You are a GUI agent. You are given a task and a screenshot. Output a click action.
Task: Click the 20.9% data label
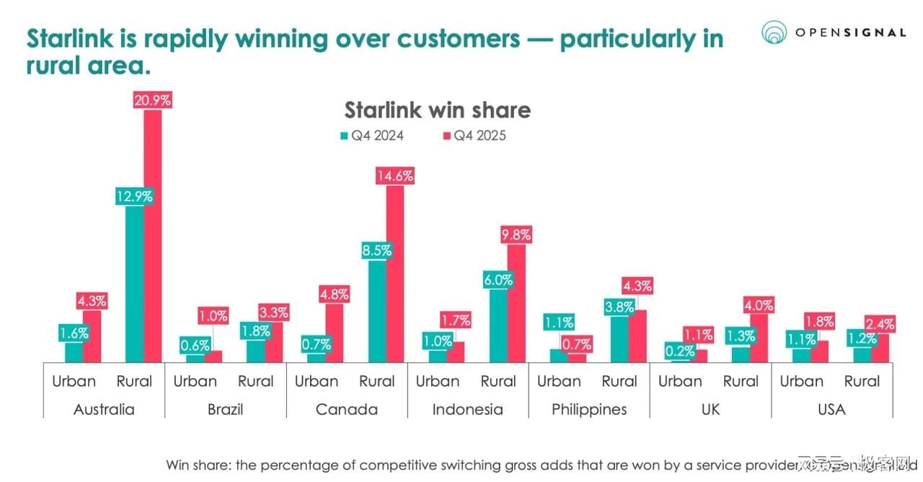click(x=152, y=100)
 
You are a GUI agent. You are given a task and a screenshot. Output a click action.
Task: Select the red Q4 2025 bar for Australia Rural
click(x=152, y=238)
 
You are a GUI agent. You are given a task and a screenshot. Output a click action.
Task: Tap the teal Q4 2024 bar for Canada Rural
click(x=377, y=310)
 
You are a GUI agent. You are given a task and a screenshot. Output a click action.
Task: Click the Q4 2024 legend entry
click(x=371, y=136)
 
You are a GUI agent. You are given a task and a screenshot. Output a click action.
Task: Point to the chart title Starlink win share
click(x=437, y=110)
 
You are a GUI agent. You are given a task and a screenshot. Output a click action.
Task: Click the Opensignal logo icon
click(x=774, y=32)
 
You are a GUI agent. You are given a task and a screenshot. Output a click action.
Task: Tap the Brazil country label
click(x=225, y=409)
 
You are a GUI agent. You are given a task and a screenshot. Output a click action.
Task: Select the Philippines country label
click(x=589, y=409)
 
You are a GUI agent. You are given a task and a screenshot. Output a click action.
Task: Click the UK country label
click(x=710, y=409)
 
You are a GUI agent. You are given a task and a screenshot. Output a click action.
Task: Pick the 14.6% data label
click(x=394, y=176)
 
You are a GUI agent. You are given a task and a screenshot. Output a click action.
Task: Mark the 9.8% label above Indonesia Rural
click(x=516, y=235)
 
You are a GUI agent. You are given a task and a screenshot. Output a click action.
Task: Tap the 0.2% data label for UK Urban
click(x=680, y=351)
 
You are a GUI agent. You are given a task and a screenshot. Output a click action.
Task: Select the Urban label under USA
click(x=801, y=381)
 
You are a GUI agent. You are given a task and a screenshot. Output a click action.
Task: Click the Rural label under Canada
click(x=377, y=381)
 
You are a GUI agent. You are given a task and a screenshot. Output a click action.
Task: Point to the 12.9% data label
click(x=134, y=196)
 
